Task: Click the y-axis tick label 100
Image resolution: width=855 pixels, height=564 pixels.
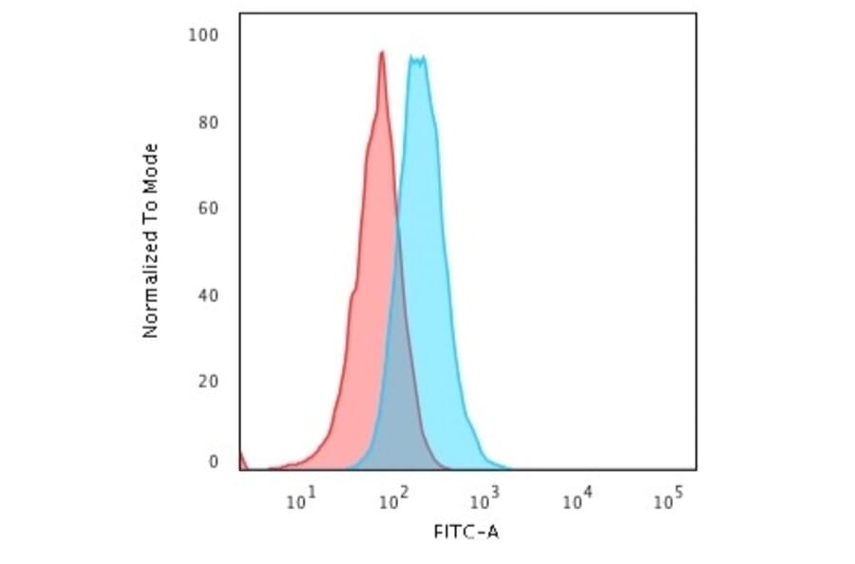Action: (x=205, y=36)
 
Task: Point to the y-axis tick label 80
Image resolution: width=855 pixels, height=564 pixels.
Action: (x=209, y=122)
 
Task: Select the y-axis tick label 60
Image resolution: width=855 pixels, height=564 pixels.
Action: (x=209, y=208)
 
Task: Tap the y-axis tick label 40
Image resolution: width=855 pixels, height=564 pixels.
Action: (x=209, y=295)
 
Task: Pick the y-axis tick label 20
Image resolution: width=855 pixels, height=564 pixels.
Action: (x=209, y=382)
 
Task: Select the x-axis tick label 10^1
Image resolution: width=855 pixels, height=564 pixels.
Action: (x=301, y=498)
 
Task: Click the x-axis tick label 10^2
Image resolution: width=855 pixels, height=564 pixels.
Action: (x=391, y=498)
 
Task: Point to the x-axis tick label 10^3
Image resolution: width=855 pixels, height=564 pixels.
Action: (x=484, y=498)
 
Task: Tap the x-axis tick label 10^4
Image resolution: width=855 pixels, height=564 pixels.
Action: (x=577, y=498)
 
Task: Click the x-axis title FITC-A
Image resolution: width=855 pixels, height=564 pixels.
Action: (x=466, y=532)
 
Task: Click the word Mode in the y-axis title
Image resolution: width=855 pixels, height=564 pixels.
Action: (x=150, y=164)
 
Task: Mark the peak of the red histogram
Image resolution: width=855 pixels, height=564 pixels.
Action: (x=381, y=53)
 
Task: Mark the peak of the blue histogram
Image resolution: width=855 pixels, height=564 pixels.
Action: (x=417, y=59)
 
